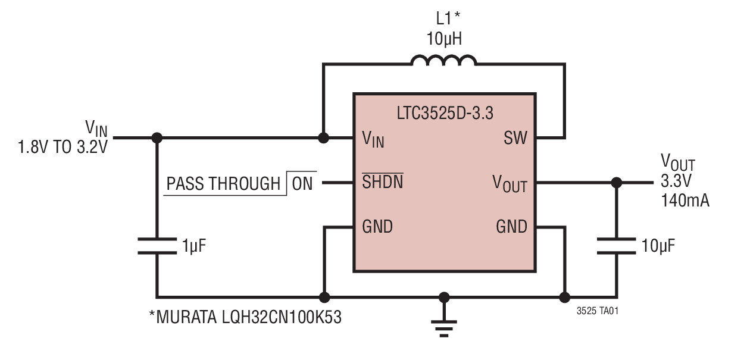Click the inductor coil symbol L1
443,60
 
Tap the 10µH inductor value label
444,39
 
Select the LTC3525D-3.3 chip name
444,113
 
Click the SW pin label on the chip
515,139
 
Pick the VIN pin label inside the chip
373,139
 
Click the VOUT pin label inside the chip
510,183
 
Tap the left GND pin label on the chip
377,227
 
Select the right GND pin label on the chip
511,227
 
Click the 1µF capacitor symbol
157,246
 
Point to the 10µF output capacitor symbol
616,246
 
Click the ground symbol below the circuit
443,325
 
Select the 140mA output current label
685,201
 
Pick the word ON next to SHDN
302,183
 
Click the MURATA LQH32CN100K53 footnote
245,317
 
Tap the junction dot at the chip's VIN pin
323,138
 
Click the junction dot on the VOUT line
616,183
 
